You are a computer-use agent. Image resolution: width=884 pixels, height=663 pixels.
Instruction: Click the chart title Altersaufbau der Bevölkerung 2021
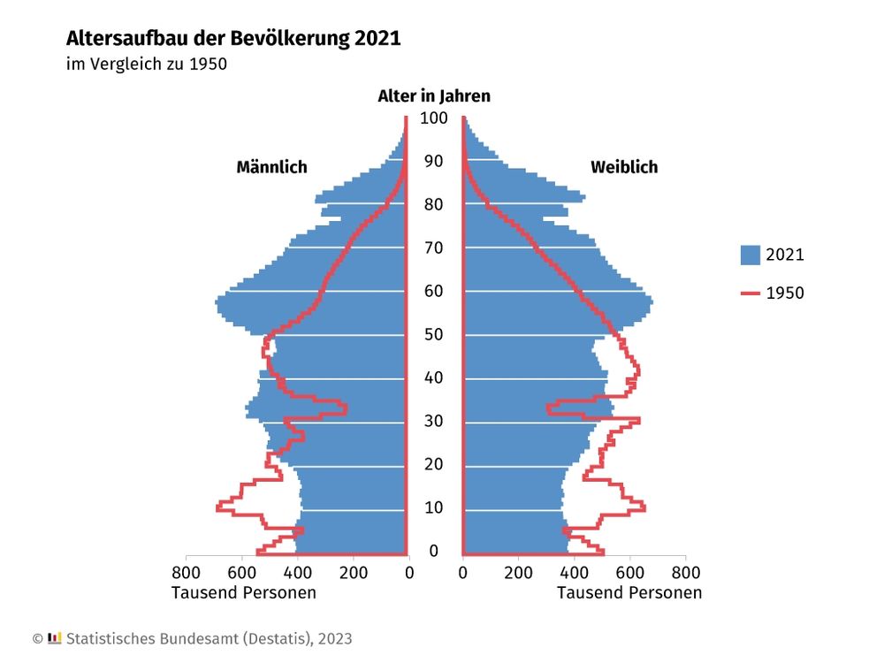tap(233, 39)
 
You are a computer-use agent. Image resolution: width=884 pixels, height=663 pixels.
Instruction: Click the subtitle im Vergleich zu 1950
tap(147, 65)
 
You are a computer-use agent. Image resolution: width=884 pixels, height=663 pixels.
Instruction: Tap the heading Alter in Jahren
tap(433, 96)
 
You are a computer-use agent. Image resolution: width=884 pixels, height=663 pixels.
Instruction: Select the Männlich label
tap(271, 167)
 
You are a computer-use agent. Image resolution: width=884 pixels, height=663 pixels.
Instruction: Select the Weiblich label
tap(624, 167)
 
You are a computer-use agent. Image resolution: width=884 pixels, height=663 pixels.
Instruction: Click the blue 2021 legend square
tap(751, 255)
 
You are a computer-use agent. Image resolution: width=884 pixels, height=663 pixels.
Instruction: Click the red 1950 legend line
tap(751, 293)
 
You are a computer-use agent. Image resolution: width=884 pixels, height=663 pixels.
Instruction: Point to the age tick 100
tap(433, 118)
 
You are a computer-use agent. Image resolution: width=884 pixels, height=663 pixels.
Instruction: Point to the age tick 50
tap(433, 335)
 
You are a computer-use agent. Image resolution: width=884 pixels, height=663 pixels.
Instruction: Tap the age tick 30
tap(433, 422)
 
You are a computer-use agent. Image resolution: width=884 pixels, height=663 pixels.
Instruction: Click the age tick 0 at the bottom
tap(433, 552)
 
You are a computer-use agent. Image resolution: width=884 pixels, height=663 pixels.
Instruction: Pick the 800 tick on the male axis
tap(187, 573)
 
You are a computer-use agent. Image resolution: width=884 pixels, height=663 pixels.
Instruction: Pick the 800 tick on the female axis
tap(685, 573)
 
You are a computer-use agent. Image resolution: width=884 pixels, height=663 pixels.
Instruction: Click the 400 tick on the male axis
tap(298, 573)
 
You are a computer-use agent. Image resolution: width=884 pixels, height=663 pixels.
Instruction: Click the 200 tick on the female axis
tap(518, 573)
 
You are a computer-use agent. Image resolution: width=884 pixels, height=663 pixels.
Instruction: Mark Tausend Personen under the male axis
tap(243, 592)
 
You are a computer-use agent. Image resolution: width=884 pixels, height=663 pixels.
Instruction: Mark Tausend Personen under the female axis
tap(629, 592)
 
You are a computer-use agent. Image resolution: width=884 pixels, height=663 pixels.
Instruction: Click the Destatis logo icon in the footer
tap(55, 637)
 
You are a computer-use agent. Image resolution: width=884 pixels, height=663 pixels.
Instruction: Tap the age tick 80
tap(433, 205)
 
